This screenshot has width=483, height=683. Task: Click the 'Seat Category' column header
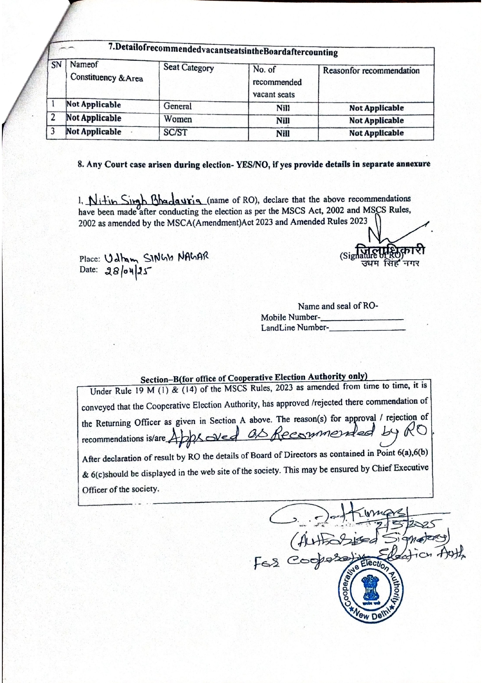[x=189, y=68]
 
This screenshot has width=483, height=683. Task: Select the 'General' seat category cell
[x=177, y=106]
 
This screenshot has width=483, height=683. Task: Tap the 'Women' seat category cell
[x=177, y=119]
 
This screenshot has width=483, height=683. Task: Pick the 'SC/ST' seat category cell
[x=175, y=132]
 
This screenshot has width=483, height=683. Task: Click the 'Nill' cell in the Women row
[x=283, y=121]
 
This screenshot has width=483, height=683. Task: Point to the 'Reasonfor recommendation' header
[x=371, y=71]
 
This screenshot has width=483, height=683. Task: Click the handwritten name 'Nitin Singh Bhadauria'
[x=144, y=200]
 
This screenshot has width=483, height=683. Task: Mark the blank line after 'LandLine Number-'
[x=367, y=329]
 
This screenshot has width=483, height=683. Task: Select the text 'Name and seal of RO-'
[x=338, y=306]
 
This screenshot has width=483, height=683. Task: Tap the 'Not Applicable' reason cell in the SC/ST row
[x=376, y=133]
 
